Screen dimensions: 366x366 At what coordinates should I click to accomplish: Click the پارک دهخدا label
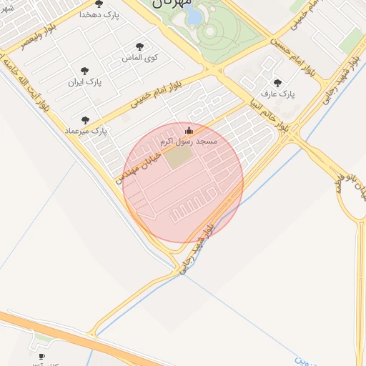click(99, 14)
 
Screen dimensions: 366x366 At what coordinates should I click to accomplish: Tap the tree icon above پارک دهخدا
click(99, 4)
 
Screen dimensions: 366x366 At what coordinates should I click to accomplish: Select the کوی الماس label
click(142, 56)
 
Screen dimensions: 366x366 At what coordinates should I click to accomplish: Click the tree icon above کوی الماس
click(139, 46)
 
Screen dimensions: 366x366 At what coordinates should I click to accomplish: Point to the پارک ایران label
click(85, 82)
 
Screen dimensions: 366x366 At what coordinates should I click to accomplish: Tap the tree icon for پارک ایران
click(85, 71)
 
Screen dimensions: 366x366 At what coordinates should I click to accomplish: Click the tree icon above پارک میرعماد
click(86, 121)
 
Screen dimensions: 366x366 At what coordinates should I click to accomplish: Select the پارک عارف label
click(278, 94)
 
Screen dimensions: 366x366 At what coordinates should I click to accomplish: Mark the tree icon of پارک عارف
click(277, 83)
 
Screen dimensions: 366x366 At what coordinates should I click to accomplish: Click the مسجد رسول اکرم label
click(189, 142)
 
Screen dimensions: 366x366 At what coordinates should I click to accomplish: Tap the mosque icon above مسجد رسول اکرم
click(189, 130)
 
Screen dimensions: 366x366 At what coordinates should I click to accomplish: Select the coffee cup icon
click(41, 356)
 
